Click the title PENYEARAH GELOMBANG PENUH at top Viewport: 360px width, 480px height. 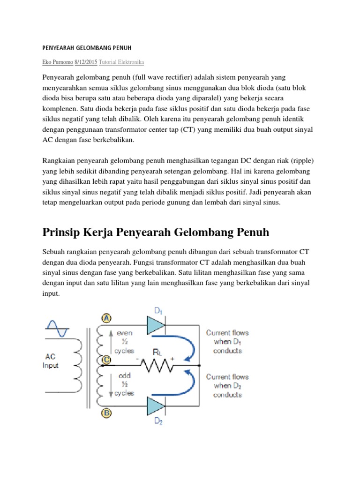[x=87, y=48]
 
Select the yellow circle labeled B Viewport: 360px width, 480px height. [x=106, y=413]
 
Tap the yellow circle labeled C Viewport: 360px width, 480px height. [x=106, y=360]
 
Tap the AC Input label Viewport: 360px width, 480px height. [x=50, y=361]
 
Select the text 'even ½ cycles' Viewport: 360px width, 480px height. [x=124, y=341]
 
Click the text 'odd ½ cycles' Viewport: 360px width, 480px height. [x=124, y=384]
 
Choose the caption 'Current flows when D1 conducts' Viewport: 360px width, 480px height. [x=227, y=341]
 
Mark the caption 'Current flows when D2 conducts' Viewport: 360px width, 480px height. [x=227, y=385]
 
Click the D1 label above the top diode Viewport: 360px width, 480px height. [x=158, y=310]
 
